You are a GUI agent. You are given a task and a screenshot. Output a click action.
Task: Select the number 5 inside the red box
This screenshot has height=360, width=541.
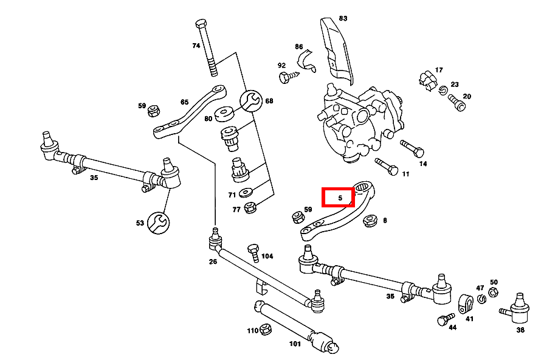coord(340,198)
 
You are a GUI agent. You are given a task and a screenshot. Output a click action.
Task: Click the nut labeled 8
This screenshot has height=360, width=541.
coord(370,220)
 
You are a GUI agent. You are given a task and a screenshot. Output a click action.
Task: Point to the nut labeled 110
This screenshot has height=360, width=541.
coord(265,330)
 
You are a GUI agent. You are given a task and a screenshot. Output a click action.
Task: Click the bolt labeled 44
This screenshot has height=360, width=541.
coord(445,319)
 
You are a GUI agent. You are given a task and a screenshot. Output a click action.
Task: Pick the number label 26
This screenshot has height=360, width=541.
coord(213,262)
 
